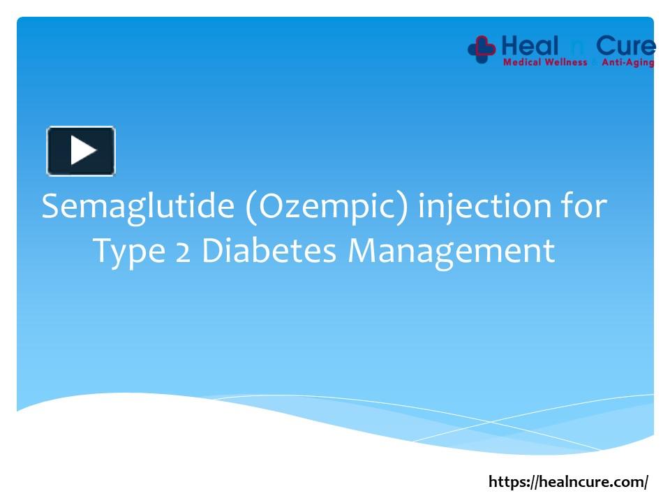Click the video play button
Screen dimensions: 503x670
[x=81, y=151]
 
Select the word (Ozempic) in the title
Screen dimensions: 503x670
[x=326, y=207]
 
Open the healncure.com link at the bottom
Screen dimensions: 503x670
[x=568, y=481]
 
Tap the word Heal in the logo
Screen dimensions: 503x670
[x=530, y=47]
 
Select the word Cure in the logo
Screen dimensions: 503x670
[x=625, y=47]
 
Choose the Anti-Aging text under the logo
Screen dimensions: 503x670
[x=627, y=63]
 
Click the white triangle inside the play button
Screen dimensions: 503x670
[x=83, y=151]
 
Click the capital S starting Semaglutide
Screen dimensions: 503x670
[x=50, y=207]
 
